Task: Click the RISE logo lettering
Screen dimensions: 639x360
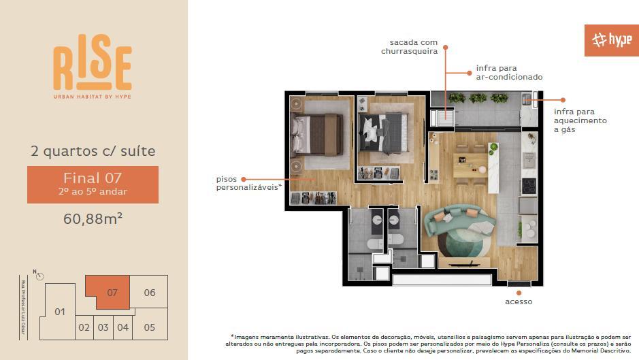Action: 93,63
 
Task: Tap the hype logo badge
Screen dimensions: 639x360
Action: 611,40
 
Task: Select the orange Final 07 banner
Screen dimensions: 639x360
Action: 93,184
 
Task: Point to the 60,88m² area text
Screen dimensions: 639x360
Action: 93,218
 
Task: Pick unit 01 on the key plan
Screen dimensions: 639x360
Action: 59,312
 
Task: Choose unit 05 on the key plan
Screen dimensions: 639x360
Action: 150,327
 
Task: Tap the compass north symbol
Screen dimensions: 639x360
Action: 39,276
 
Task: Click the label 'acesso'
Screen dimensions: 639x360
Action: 519,301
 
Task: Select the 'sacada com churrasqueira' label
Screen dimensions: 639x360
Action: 409,46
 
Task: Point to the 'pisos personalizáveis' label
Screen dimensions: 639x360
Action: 248,183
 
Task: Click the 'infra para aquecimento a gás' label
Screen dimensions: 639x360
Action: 580,120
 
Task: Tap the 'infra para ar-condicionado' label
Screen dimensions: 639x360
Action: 509,73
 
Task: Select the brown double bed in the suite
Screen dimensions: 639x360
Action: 318,134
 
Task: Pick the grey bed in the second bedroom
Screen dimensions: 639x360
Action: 384,133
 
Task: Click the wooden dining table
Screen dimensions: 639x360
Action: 470,165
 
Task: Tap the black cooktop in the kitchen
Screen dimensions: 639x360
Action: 529,186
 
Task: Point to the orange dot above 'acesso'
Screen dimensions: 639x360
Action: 519,293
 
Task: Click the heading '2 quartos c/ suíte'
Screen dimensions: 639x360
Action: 93,151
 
